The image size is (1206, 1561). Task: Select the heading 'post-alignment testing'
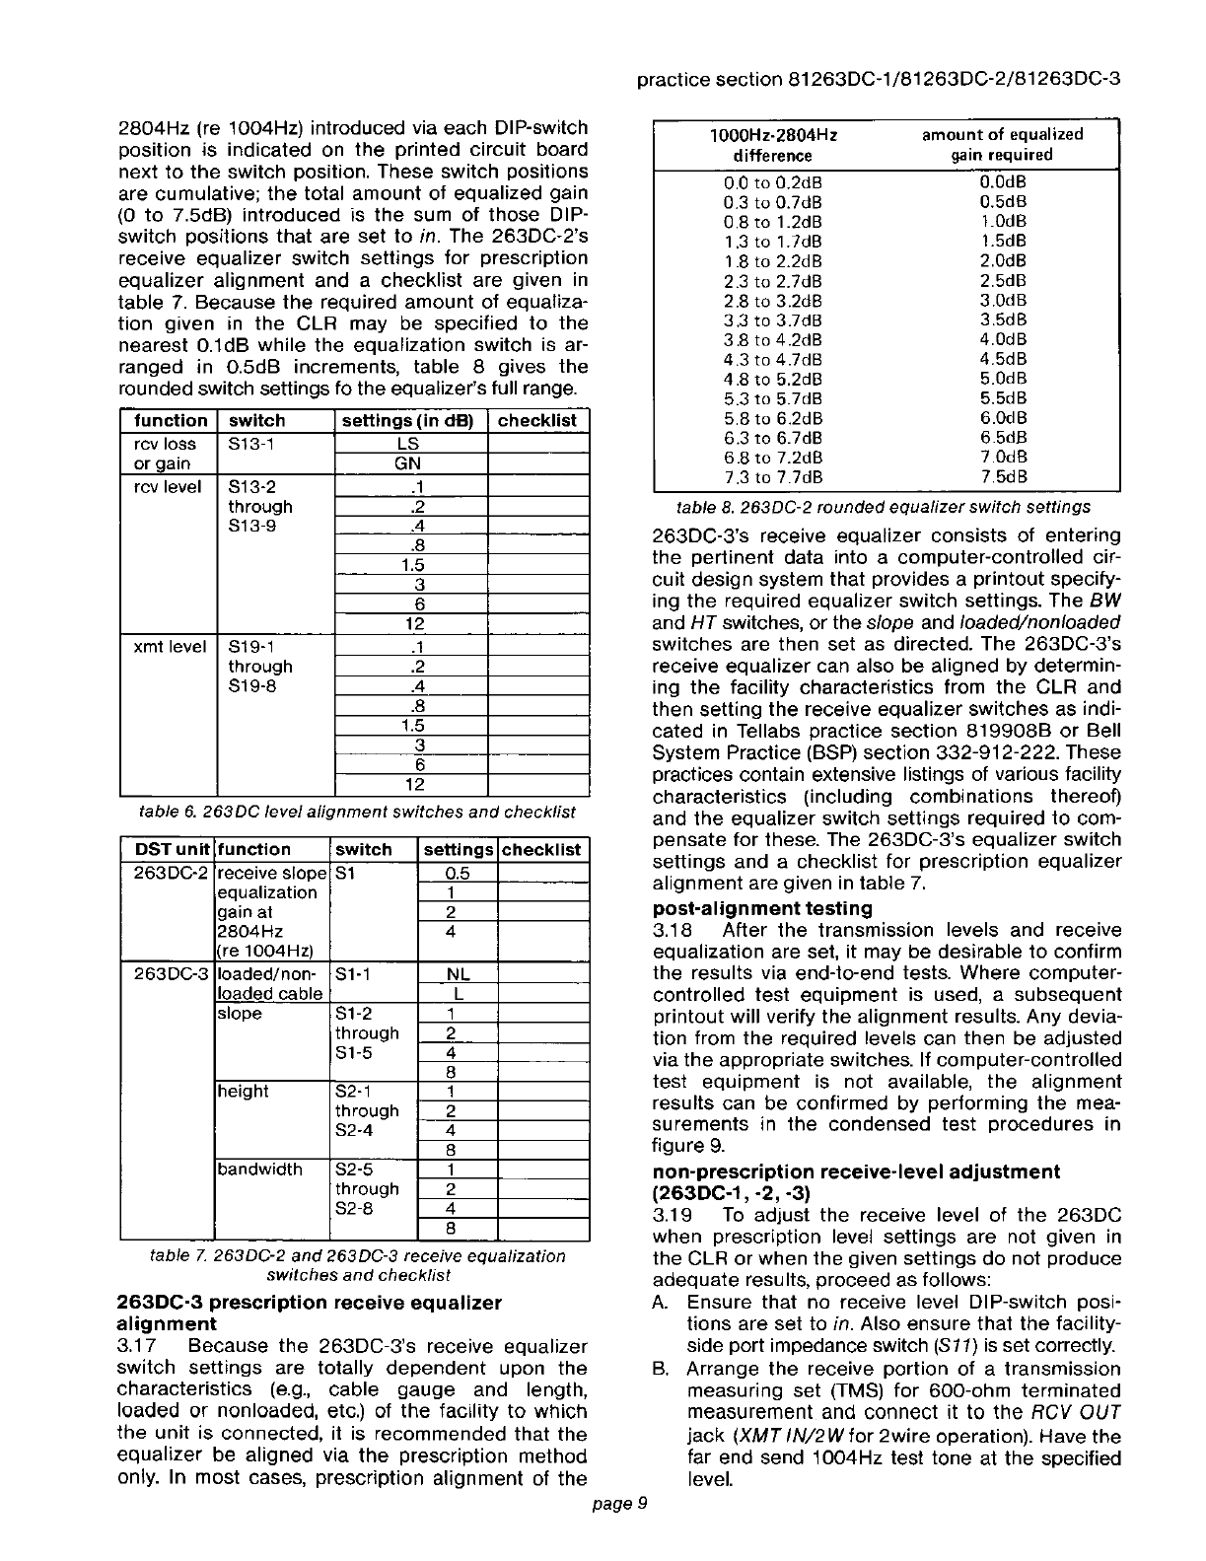[x=762, y=907]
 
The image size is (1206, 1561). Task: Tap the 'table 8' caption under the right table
[x=883, y=507]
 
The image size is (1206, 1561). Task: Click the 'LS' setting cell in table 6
[x=411, y=445]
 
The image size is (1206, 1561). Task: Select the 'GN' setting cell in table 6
[x=411, y=463]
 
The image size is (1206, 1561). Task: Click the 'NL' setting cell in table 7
[x=457, y=973]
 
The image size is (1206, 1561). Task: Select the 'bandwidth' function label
[x=259, y=1170]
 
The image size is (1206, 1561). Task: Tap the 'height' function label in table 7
[x=243, y=1091]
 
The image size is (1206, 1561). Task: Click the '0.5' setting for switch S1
[x=457, y=873]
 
